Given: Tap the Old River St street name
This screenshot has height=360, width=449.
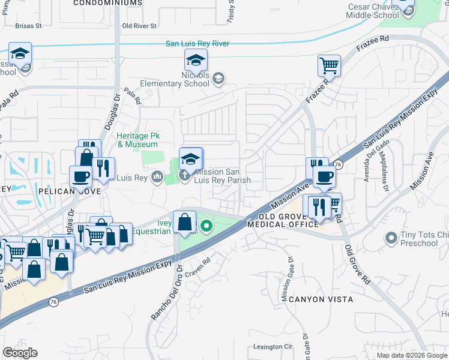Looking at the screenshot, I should pos(139,26).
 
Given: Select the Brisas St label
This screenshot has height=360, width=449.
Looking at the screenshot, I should pos(29,26).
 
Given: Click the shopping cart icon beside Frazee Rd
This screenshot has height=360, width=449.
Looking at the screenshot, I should pos(329,65).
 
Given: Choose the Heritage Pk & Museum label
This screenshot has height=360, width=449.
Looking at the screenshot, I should pos(137,140).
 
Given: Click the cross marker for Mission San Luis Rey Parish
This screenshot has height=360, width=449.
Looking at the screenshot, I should pos(185,176).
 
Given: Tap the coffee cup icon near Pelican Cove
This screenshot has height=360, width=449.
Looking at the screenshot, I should pos(80,177).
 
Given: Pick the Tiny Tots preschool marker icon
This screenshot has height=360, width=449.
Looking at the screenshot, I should pos(391,238).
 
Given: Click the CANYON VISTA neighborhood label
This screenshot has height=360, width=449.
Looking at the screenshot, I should pos(320,299).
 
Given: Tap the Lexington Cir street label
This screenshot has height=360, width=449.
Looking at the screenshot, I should pos(272,347).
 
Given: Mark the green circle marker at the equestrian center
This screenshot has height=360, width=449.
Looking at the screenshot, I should pos(206,227).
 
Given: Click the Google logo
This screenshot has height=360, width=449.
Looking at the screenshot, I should pos(20,353).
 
